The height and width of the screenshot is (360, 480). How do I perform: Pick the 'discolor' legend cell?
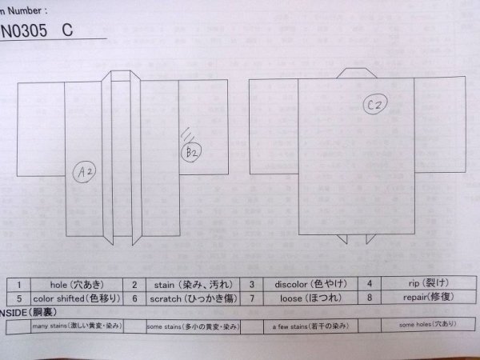coord(306,284)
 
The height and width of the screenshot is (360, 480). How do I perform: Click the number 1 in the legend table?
coord(18,284)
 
